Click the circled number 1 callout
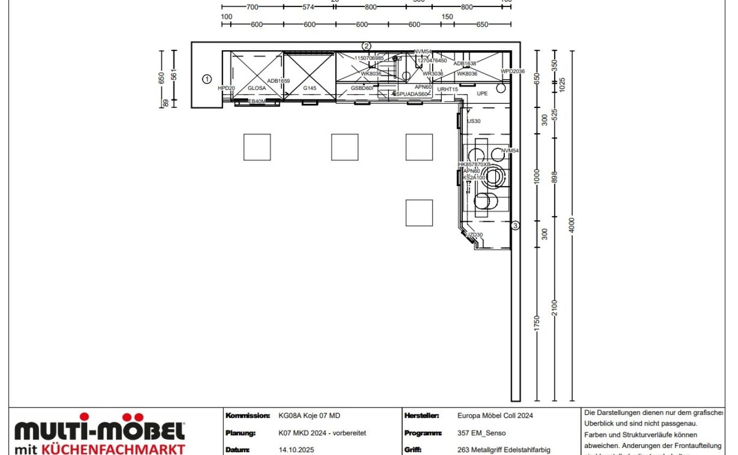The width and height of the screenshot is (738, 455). (207, 79)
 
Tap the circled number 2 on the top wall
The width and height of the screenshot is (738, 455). (366, 46)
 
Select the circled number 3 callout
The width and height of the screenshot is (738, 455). (515, 226)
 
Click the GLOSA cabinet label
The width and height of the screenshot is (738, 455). (257, 88)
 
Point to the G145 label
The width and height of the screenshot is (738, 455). (310, 88)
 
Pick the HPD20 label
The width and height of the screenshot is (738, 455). (226, 88)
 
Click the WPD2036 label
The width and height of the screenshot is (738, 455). (513, 71)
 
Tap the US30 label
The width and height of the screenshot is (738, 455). (474, 121)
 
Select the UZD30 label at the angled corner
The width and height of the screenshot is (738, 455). (474, 235)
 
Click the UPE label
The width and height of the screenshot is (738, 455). (482, 94)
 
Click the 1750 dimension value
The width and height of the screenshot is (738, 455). (537, 323)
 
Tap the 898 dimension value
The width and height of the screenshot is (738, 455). (555, 176)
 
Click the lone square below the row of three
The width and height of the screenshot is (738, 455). (419, 213)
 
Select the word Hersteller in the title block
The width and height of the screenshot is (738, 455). (422, 415)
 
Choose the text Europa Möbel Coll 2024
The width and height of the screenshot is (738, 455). (495, 415)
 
